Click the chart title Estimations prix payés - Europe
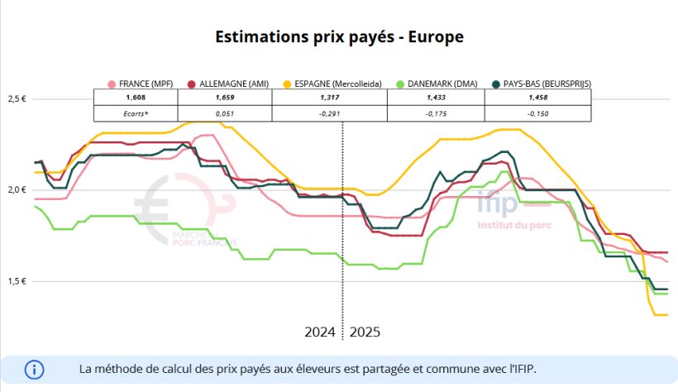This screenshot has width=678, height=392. [339, 37]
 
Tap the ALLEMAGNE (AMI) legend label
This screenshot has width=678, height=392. [228, 84]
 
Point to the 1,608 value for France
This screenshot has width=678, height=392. [136, 98]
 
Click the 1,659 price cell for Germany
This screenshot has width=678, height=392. [224, 98]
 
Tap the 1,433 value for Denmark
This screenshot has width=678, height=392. [435, 98]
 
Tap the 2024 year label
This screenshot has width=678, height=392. [319, 332]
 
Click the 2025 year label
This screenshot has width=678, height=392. [365, 332]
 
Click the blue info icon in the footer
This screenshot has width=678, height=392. [34, 369]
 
